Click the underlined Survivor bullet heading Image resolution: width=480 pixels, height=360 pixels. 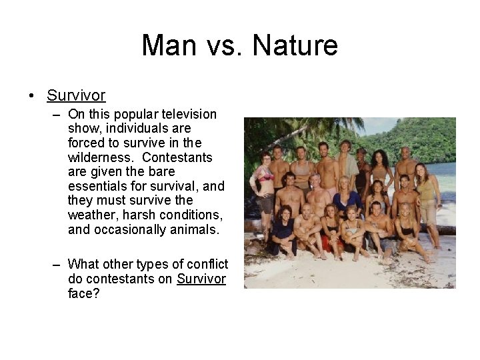(x=76, y=95)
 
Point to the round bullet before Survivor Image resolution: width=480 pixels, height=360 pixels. (x=32, y=96)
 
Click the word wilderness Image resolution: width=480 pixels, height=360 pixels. (x=97, y=157)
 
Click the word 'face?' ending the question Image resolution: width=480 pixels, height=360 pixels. (x=83, y=293)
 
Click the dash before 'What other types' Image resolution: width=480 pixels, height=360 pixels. (x=58, y=264)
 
